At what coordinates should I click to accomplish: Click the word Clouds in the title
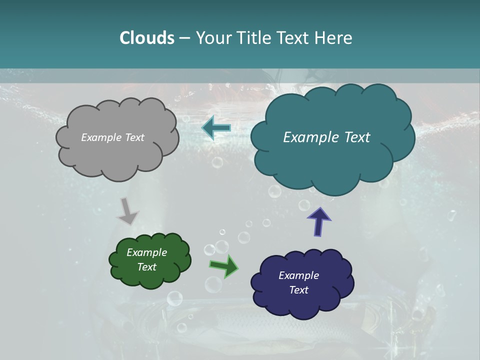(x=146, y=38)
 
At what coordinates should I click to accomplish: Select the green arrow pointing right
(x=224, y=266)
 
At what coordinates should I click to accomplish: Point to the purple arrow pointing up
(x=318, y=221)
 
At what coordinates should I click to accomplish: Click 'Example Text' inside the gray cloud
(x=112, y=137)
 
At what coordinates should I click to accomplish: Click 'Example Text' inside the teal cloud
(x=326, y=137)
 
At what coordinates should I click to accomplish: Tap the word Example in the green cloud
(x=146, y=252)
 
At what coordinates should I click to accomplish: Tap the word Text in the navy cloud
(x=298, y=290)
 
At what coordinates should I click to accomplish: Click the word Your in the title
(x=211, y=38)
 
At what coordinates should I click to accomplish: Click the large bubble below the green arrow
(x=213, y=284)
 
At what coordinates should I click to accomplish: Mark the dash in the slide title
(x=184, y=38)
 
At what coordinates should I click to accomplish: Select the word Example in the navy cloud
(x=298, y=275)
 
